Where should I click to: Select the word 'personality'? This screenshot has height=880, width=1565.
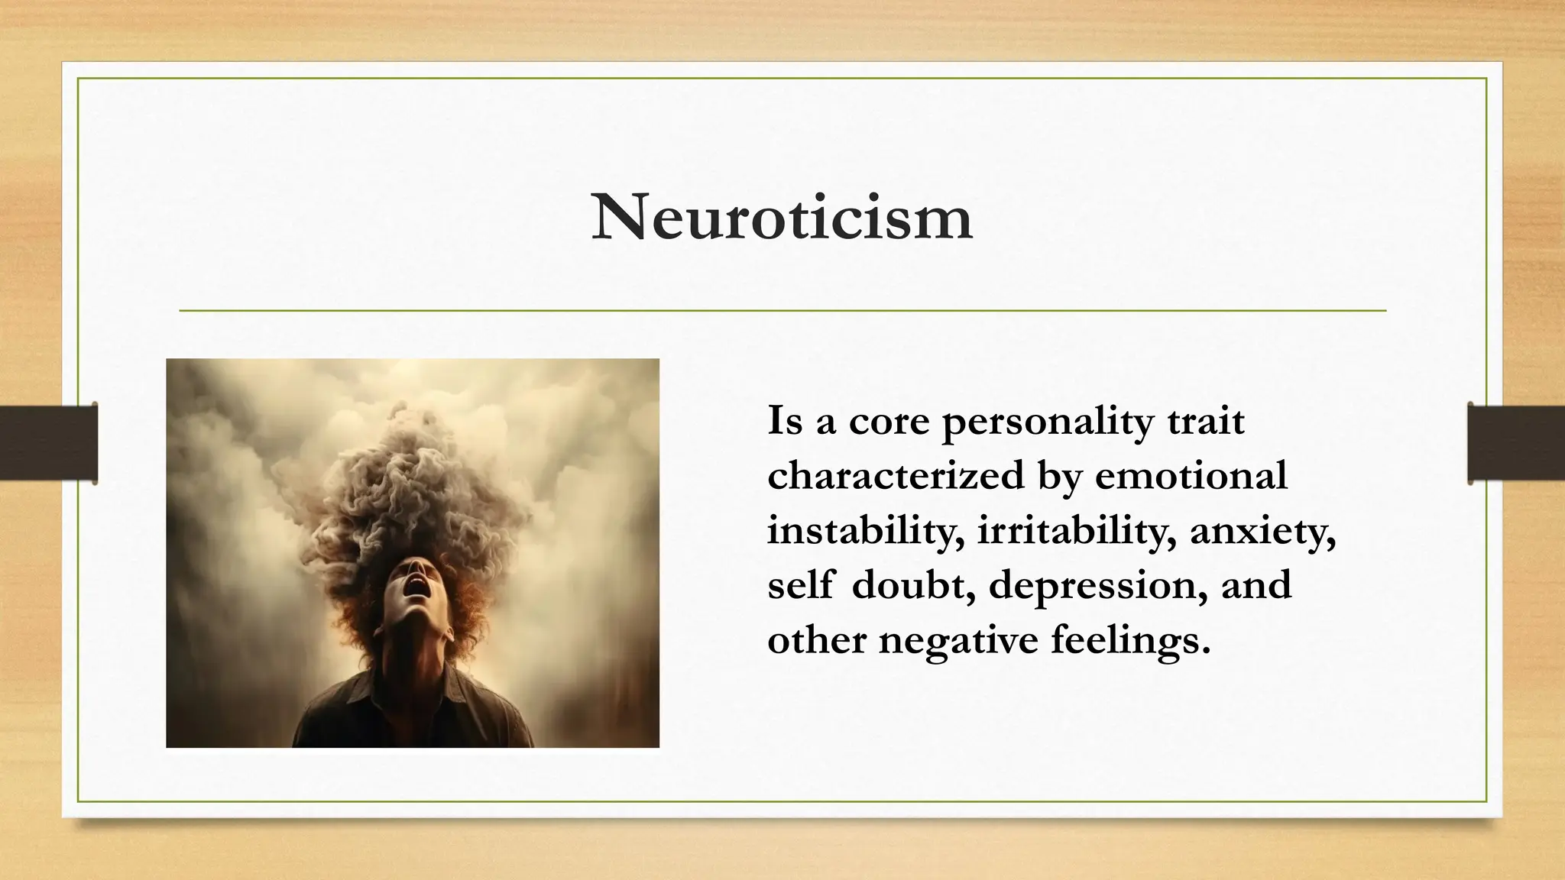coord(1047,422)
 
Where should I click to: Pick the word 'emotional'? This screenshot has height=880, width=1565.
coord(1191,476)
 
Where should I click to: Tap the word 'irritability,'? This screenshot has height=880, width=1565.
coord(1077,531)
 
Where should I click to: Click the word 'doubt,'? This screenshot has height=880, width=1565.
coord(914,585)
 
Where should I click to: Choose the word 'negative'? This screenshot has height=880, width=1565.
coord(958,640)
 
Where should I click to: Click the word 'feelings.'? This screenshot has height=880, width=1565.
coord(1131,640)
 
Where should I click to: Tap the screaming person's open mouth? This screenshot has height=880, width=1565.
coord(418,585)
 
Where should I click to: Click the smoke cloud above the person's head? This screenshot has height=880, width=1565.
coord(413,489)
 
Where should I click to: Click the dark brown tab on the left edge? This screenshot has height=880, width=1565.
coord(48,443)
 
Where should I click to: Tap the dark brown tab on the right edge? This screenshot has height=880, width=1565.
coord(1516,443)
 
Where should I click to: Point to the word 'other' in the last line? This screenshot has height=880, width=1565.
coord(816,640)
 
